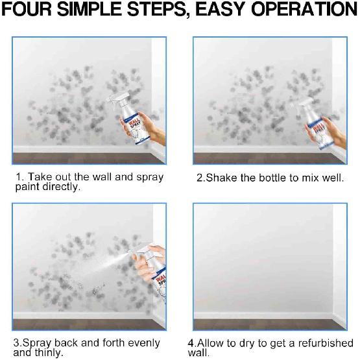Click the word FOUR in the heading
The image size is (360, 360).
[33, 11]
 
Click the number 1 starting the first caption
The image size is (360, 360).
[20, 177]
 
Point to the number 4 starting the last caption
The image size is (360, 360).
[191, 343]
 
